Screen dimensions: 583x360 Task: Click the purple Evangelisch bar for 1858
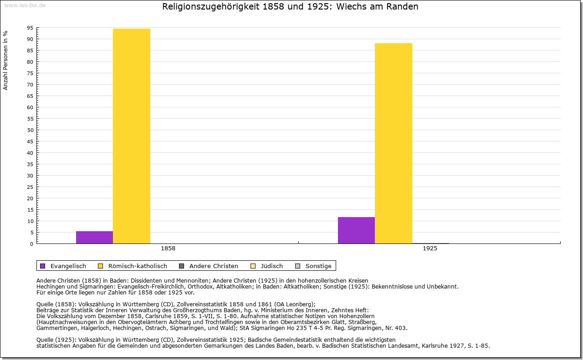[x=94, y=237]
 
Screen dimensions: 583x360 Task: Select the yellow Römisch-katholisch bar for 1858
[x=132, y=136]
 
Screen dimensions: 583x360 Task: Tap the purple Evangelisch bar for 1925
[x=356, y=230]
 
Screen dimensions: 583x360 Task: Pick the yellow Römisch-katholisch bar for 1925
[x=394, y=143]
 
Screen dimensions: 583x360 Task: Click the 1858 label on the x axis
[x=168, y=248]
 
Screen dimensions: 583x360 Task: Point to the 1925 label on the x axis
[x=430, y=248]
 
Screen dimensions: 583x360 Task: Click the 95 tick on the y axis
[x=30, y=28]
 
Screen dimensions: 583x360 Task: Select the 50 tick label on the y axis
[x=30, y=130]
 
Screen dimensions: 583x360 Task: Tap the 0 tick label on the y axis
[x=32, y=244]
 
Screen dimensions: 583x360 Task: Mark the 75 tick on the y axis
[x=30, y=73]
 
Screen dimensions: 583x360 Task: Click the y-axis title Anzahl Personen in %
[x=5, y=61]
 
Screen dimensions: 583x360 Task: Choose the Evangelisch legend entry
[x=63, y=266]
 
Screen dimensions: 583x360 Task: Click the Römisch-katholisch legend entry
[x=133, y=266]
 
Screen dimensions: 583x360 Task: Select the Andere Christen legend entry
[x=209, y=266]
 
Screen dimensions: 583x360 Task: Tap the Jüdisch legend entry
[x=266, y=266]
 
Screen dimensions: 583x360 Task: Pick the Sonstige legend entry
[x=313, y=266]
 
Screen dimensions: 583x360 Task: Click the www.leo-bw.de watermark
[x=25, y=5]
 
